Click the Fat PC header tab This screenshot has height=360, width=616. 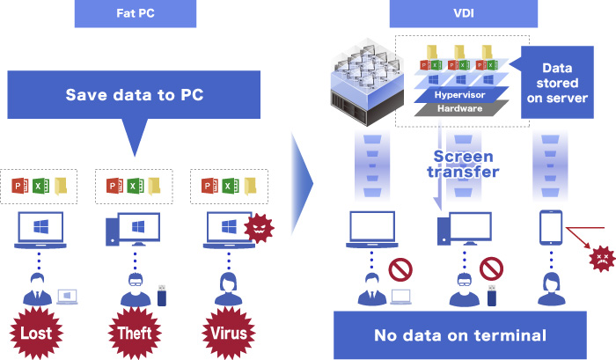pos(135,14)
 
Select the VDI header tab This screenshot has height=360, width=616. pos(462,14)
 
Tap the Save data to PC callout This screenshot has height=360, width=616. pos(135,95)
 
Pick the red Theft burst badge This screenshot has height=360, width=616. pos(135,334)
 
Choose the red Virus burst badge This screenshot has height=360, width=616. pos(229,334)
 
